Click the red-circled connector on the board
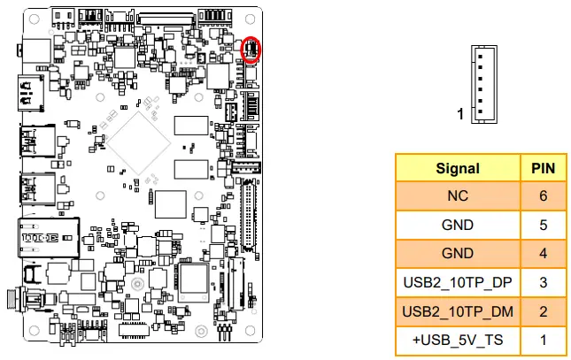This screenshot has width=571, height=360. [x=251, y=50]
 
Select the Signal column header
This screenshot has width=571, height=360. [x=458, y=168]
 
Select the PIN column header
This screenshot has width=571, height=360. [x=542, y=168]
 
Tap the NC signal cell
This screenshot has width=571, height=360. [x=458, y=196]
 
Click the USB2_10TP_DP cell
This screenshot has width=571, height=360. [x=458, y=282]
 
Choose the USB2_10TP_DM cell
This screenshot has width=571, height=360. [x=458, y=311]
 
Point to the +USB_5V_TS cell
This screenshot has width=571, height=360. [x=458, y=340]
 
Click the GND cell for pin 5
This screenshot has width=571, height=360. [x=458, y=226]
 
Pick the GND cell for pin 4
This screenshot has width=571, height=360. [x=458, y=254]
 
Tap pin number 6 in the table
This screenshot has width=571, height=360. [x=542, y=196]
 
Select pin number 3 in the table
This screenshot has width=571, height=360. [x=542, y=282]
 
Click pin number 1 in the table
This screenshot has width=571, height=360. [x=542, y=340]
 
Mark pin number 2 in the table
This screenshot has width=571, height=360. [x=542, y=311]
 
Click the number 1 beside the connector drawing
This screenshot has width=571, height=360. [x=460, y=114]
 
